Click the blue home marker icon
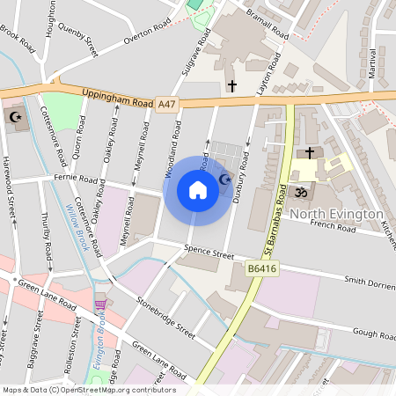pos(198,190)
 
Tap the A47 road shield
pos(165,104)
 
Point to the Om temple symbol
pos(299,191)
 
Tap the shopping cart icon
pos(100,304)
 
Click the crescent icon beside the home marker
pos(224,180)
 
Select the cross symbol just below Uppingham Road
pos(232,86)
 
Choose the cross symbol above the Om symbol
pos(308,152)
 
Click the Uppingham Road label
pos(117,97)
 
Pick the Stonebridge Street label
pos(165,317)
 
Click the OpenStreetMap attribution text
pos(88,390)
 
